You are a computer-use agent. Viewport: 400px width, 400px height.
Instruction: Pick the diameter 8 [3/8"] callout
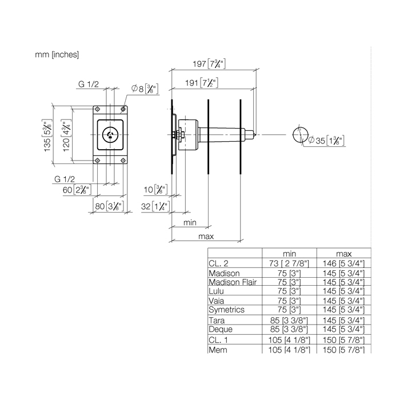pyautogui.click(x=144, y=89)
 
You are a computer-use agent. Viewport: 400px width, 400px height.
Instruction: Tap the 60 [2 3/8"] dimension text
pyautogui.click(x=75, y=189)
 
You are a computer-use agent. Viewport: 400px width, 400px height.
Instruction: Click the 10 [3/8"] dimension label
pyautogui.click(x=155, y=189)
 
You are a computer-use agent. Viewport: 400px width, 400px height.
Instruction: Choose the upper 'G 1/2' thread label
pyautogui.click(x=89, y=85)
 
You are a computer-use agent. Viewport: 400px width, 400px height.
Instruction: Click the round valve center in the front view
pyautogui.click(x=109, y=135)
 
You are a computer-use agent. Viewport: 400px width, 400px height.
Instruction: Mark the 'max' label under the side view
pyautogui.click(x=206, y=236)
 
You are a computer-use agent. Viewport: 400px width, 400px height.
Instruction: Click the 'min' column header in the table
pyautogui.click(x=289, y=254)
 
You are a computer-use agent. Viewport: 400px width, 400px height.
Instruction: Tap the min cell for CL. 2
pyautogui.click(x=289, y=263)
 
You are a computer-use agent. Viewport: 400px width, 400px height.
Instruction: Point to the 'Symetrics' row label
pyautogui.click(x=227, y=309)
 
